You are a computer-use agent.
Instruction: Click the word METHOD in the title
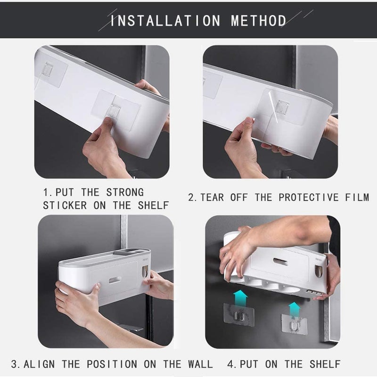coord(258,21)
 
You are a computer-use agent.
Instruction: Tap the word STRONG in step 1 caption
coord(124,193)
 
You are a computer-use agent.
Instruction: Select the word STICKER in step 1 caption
coord(65,205)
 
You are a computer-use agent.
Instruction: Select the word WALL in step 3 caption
coord(197,364)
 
